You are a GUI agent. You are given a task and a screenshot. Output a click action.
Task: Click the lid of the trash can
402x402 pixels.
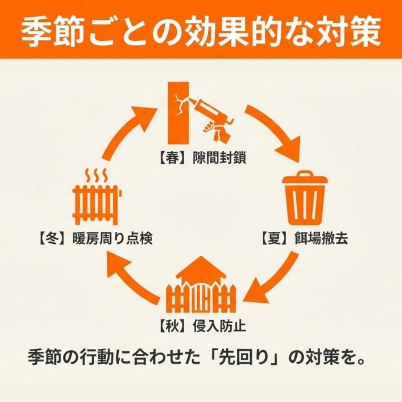pyautogui.click(x=305, y=178)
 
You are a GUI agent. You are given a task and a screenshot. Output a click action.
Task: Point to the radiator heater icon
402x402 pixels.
pyautogui.click(x=97, y=204)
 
